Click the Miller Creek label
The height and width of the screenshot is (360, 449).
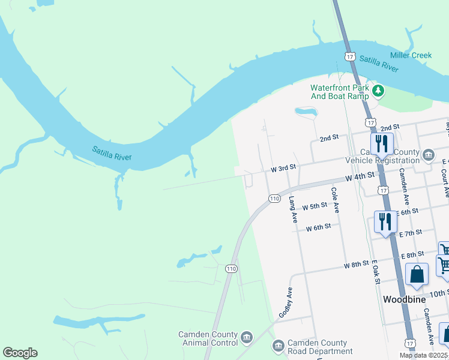[x=411, y=55]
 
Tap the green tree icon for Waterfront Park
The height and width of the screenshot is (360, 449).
[x=378, y=91]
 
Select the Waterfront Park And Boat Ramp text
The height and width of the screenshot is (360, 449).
[x=339, y=91]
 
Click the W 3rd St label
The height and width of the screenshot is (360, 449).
[x=285, y=169]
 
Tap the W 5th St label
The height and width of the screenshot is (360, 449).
[x=315, y=206]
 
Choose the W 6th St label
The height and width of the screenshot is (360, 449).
[x=318, y=227]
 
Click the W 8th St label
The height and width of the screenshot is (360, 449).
[x=356, y=264]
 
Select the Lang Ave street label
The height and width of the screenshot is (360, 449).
[x=293, y=209]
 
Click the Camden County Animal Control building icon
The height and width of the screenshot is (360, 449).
[x=246, y=338]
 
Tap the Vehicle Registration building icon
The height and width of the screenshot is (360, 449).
[x=428, y=155]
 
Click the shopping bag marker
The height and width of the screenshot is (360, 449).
[x=417, y=275]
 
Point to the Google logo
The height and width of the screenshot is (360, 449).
[x=20, y=353]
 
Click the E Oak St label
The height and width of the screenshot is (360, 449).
[x=376, y=271]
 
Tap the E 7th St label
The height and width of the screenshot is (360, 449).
[x=411, y=232]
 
